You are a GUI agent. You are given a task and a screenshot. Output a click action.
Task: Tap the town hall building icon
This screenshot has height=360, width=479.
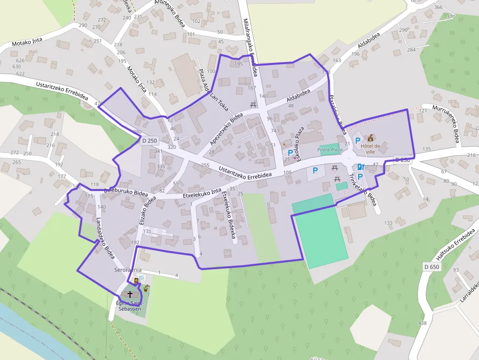click(370, 138)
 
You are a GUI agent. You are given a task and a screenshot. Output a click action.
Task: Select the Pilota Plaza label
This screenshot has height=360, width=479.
click(330, 150)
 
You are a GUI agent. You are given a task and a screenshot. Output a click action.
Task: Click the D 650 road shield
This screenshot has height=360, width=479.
click(432, 267)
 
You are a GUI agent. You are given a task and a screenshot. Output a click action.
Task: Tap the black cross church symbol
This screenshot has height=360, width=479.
click(130, 294)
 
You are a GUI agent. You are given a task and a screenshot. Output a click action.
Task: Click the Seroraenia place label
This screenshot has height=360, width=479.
click(128, 270)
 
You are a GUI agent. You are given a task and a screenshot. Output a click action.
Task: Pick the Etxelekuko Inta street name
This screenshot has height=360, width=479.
click(202, 192)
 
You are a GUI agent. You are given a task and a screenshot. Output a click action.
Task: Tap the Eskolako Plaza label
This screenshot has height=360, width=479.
click(299, 143)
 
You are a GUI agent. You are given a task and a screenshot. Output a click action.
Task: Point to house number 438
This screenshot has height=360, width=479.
click(422, 323)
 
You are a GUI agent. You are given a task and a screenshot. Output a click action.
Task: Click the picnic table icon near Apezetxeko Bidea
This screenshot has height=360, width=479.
click(253, 105)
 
